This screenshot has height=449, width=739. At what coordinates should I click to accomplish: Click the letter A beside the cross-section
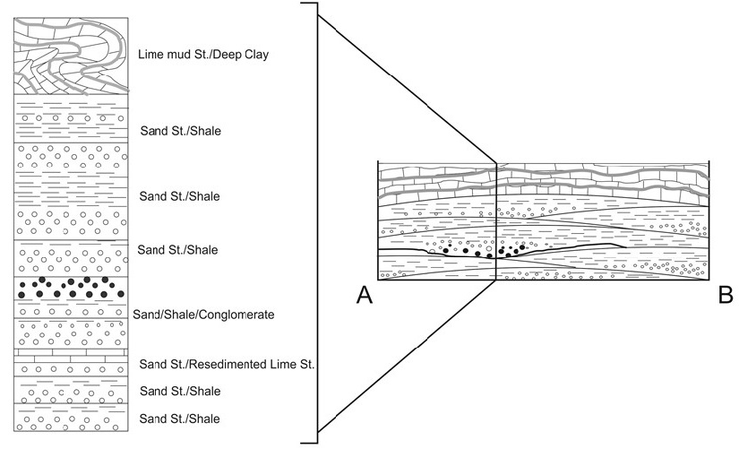point(364,296)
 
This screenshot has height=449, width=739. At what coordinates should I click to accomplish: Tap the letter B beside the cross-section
point(726,296)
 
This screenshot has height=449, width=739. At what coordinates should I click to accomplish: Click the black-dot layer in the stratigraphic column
point(68,288)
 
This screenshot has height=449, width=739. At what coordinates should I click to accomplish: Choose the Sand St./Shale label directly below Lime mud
point(180,131)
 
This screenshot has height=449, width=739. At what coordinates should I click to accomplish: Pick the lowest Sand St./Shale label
point(180,419)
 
